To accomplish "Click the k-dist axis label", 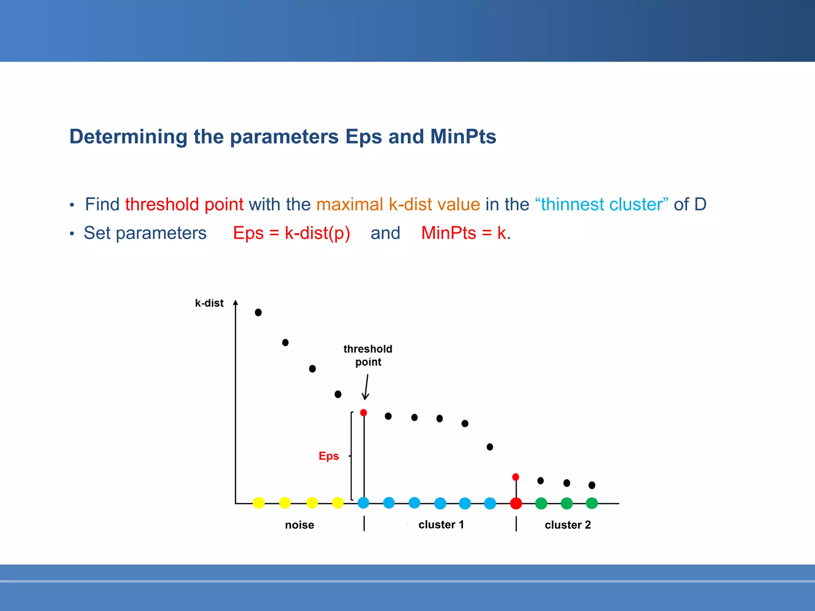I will [x=209, y=303].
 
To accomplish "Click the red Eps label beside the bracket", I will [x=329, y=456].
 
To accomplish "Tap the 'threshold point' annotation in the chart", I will [x=368, y=355].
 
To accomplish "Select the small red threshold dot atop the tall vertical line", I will [x=363, y=413].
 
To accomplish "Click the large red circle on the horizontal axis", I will [x=516, y=503].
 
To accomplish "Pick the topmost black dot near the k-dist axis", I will [x=258, y=312].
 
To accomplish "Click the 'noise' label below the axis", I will [x=299, y=525].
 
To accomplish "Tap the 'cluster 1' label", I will [x=441, y=525].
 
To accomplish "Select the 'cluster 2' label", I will [x=567, y=525].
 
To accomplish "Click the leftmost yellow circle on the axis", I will [x=259, y=503].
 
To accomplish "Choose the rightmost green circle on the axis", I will [x=592, y=503].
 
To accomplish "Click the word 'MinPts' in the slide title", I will [x=463, y=136].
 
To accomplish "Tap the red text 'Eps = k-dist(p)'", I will [x=291, y=233].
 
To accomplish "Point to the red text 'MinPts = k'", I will [x=463, y=233].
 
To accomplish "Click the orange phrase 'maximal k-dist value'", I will [x=398, y=204].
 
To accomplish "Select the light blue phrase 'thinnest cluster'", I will [x=601, y=204].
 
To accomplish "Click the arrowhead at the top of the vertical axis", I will [x=236, y=303].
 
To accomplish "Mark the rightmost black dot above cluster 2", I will [x=592, y=485].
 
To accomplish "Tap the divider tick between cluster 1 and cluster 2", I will [x=516, y=524].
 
